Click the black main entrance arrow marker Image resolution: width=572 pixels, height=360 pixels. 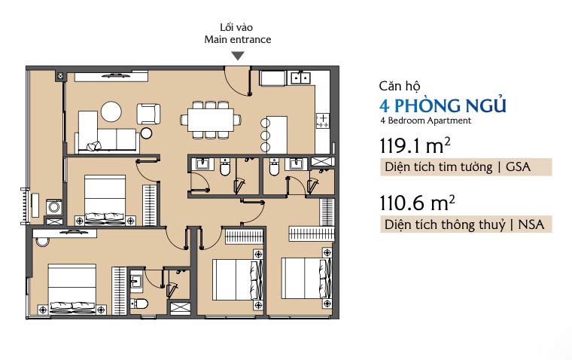pos(238,56)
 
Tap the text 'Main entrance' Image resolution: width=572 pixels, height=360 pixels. pos(238,39)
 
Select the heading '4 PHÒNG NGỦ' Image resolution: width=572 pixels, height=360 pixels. pos(443,105)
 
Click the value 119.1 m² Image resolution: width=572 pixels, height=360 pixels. pos(415,145)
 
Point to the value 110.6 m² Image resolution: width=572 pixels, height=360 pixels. pos(417,203)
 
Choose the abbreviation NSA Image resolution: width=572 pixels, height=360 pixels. pos(531,224)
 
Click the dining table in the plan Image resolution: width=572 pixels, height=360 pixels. pos(211,120)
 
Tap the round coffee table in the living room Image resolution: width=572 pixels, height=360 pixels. pos(111,111)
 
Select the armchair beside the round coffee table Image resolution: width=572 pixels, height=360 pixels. pos(148,114)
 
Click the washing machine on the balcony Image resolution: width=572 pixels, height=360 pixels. pos(54,207)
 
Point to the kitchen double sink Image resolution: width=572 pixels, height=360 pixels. pos(300,78)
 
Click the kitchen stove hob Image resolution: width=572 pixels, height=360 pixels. pos(322,120)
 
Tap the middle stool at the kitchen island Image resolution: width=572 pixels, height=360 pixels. pos(265,136)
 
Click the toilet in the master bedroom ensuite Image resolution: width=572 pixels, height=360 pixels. pos(139,304)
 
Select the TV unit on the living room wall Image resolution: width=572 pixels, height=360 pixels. pos(111,76)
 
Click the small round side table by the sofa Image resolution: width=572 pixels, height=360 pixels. pos(146,133)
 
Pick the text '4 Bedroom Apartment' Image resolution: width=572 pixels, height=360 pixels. pos(425,121)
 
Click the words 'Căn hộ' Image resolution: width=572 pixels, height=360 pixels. pos(400,86)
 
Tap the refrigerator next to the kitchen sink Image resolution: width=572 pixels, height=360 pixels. pos(272,78)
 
